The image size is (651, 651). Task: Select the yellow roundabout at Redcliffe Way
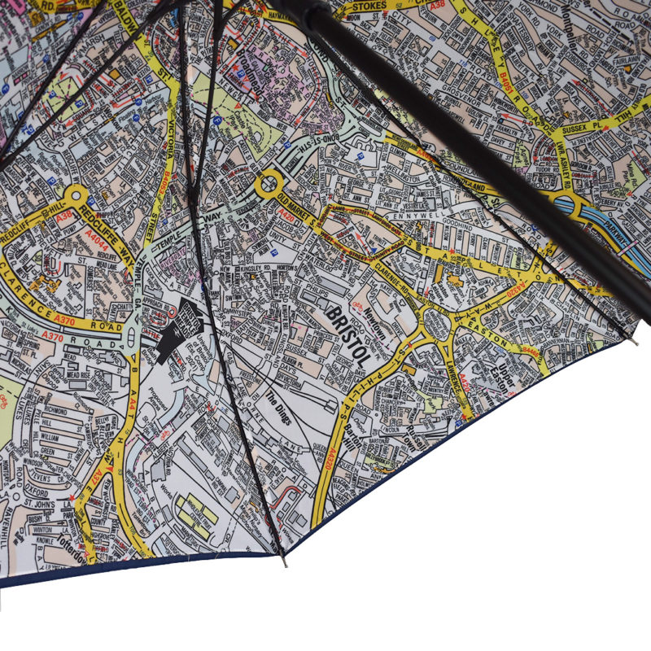pos(76,195)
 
